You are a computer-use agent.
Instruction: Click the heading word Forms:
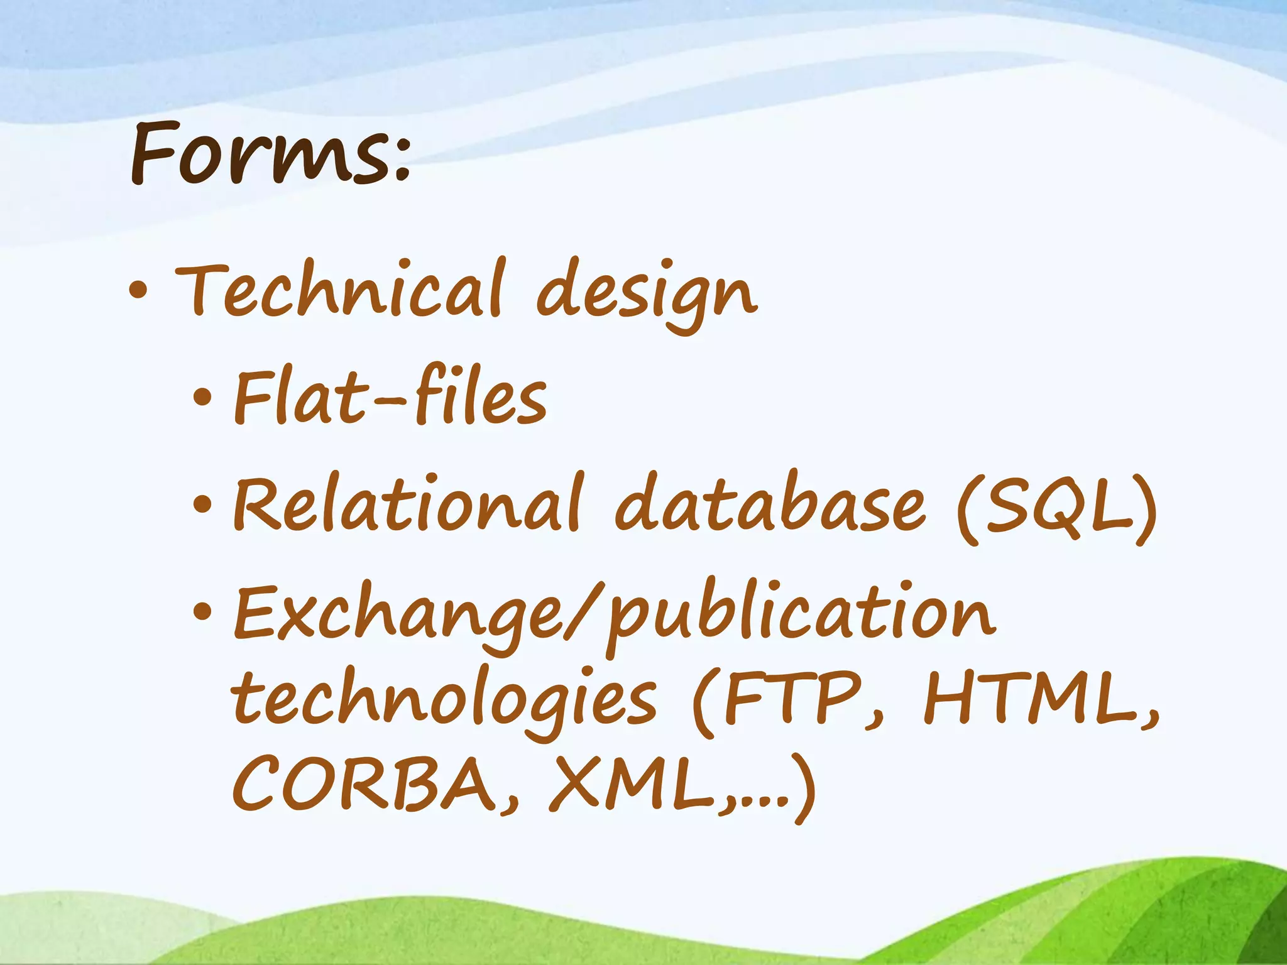(x=270, y=154)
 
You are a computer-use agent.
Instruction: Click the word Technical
(x=339, y=290)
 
